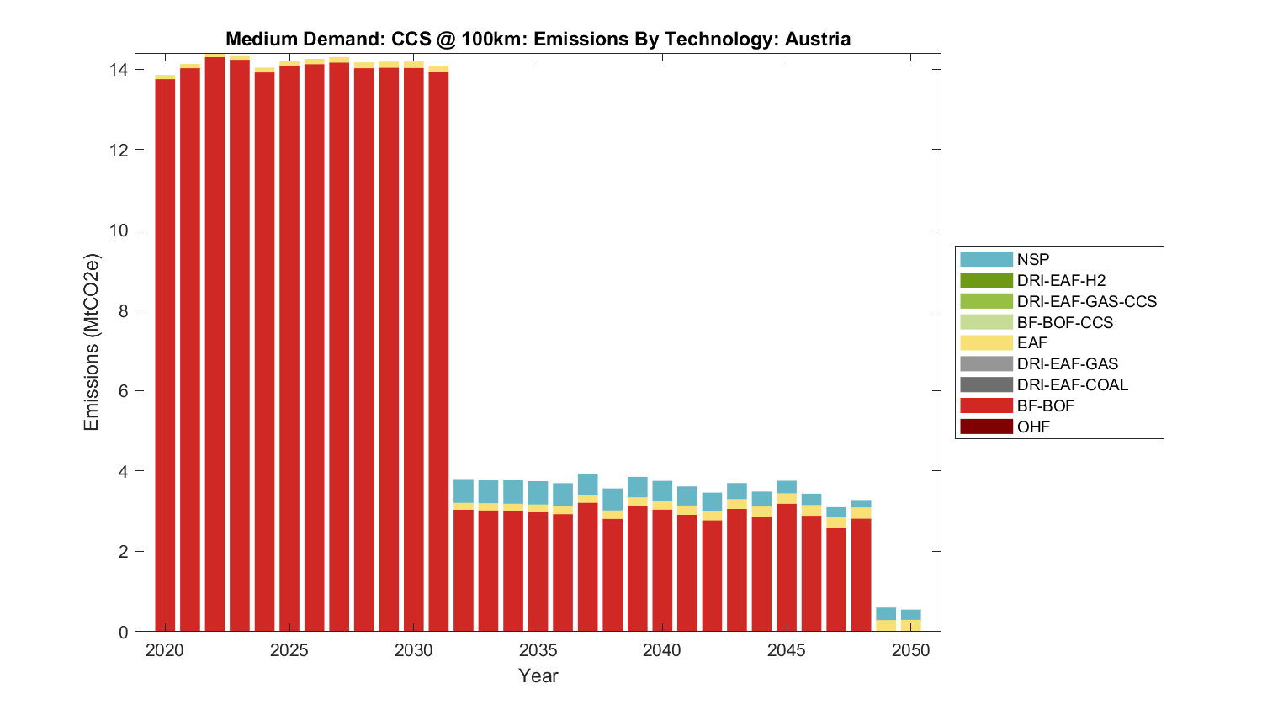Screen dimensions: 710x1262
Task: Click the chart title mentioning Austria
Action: [x=538, y=39]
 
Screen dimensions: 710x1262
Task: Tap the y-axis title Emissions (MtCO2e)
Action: [x=91, y=342]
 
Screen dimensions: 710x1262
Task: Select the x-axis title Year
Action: [x=538, y=676]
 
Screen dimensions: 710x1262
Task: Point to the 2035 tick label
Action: [x=538, y=650]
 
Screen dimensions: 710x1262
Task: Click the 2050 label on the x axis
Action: [x=910, y=650]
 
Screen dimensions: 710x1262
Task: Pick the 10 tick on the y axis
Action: [x=117, y=230]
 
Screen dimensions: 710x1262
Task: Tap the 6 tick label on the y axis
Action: [x=122, y=391]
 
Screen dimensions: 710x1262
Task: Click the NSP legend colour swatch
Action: [x=985, y=259]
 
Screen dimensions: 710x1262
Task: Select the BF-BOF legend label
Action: [x=1045, y=405]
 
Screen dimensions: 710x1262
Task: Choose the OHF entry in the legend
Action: [x=1033, y=427]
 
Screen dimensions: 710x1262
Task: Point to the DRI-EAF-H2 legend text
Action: [x=1061, y=280]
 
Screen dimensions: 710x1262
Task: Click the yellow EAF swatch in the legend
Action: [x=985, y=342]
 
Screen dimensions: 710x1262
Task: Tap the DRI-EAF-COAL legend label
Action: [x=1072, y=384]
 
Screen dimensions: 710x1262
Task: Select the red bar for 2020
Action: [x=165, y=353]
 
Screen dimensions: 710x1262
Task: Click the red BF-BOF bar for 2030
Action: [x=413, y=349]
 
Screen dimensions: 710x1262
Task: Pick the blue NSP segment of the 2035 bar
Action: [x=538, y=493]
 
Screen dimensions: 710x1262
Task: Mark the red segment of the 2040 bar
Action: [x=662, y=570]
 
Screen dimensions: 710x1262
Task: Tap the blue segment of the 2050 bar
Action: [x=910, y=615]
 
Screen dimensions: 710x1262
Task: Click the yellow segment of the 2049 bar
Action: [x=886, y=626]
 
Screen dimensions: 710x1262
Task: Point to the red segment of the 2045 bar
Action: [x=787, y=568]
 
